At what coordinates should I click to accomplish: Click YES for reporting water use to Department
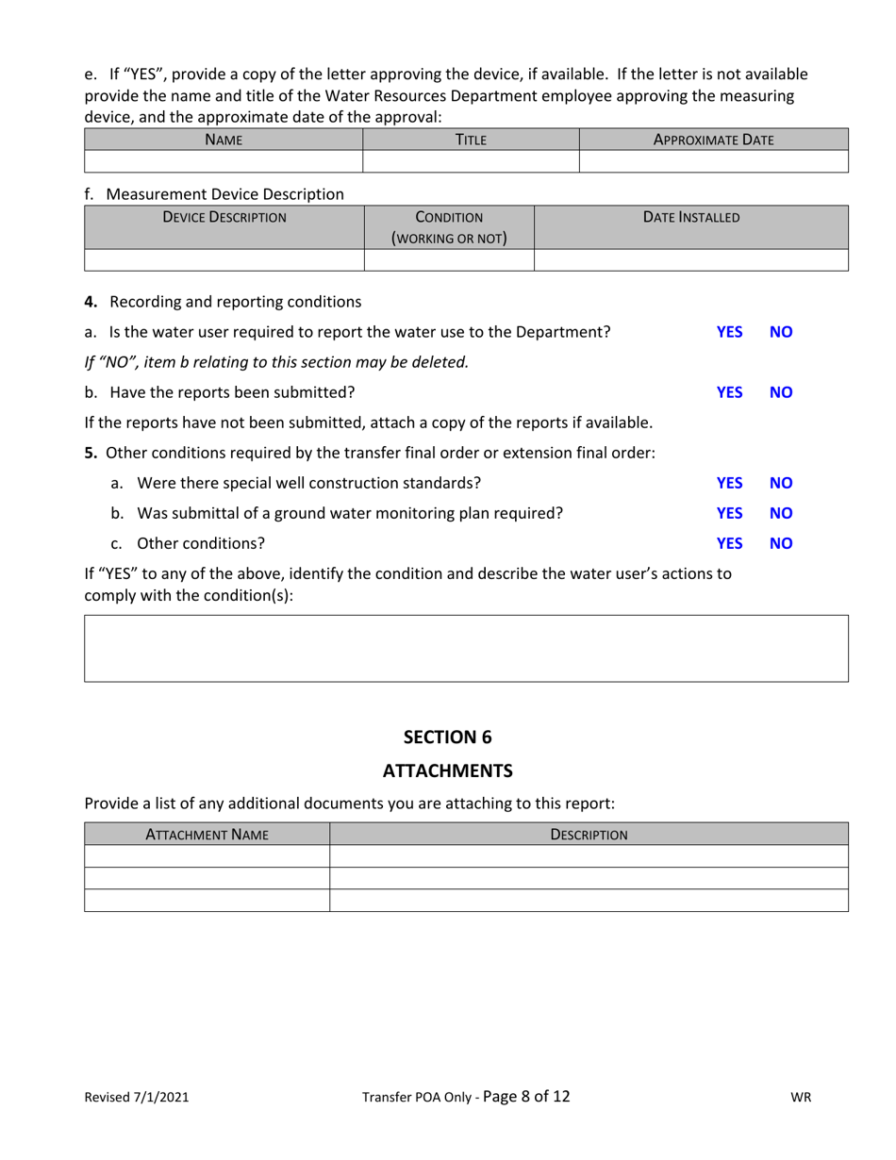point(729,332)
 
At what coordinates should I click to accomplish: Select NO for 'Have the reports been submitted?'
point(781,392)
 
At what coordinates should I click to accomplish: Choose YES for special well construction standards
point(729,483)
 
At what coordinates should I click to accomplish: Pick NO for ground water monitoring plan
point(781,513)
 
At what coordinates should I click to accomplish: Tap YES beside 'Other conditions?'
point(729,543)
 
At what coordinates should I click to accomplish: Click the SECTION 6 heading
point(447,737)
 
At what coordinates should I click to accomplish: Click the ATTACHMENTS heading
point(447,771)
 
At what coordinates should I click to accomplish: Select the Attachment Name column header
point(207,834)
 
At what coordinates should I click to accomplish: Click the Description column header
point(589,834)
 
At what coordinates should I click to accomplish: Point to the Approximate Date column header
point(713,140)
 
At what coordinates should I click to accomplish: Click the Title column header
point(471,140)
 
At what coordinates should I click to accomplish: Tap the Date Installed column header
point(691,217)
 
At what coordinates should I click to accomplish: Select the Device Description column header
point(224,217)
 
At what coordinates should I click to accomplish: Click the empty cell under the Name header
point(224,161)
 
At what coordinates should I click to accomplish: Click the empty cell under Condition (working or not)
point(449,260)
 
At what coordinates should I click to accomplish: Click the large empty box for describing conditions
point(466,648)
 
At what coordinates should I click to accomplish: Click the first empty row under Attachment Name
point(207,856)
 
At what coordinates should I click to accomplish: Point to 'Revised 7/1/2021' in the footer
point(137,1097)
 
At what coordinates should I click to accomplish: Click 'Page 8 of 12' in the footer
point(525,1096)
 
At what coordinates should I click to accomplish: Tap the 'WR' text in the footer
point(800,1097)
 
